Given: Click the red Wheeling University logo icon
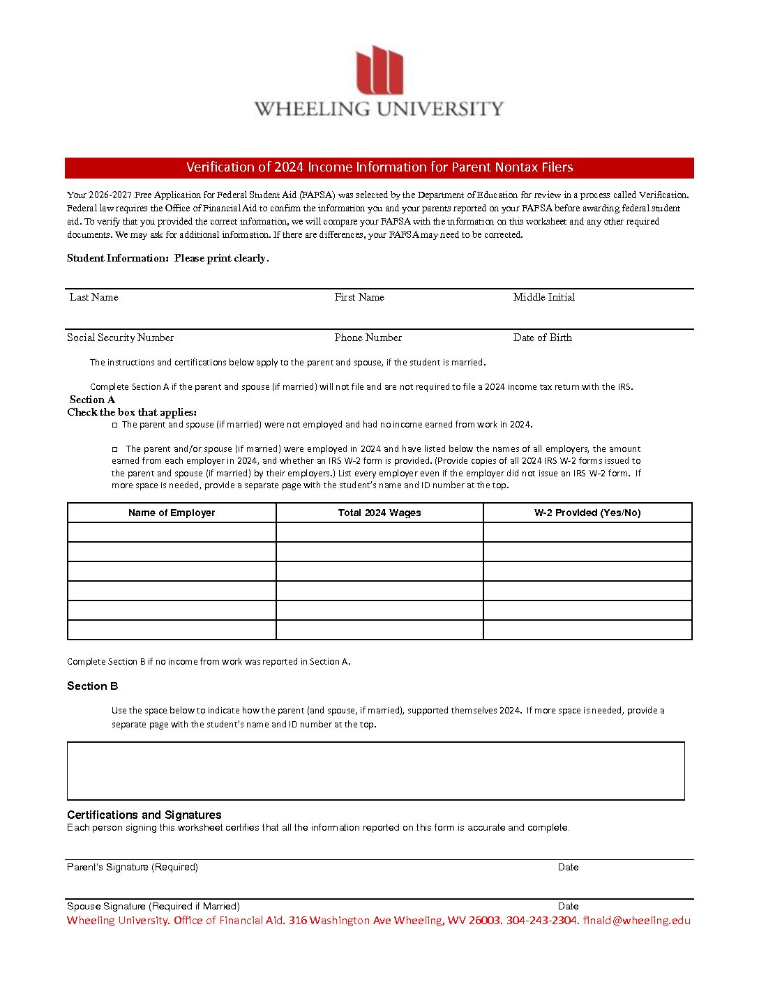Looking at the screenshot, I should coord(379,70).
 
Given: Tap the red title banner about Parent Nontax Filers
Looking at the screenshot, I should coord(379,167).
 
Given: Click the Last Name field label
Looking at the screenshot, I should coord(94,297).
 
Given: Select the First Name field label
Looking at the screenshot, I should coord(359,297).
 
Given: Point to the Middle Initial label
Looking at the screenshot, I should coord(544,297).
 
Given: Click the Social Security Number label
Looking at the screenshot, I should coord(120,338).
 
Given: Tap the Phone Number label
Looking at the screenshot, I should coord(368,338).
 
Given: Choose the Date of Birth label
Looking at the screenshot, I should coord(542,338).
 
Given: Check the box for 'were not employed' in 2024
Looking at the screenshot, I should coord(115,425).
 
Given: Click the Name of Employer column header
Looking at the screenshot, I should coord(172,513).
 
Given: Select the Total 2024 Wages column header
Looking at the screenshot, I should coord(379,513).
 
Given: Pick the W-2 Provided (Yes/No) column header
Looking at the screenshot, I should coord(587,513).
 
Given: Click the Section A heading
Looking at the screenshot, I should coord(92,400).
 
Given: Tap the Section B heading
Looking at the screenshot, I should coord(93,686).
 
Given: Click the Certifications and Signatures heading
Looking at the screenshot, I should coord(144,815).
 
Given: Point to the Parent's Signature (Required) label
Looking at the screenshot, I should coord(133,867).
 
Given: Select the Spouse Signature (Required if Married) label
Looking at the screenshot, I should coord(153,906).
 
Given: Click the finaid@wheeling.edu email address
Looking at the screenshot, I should coord(637,921).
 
